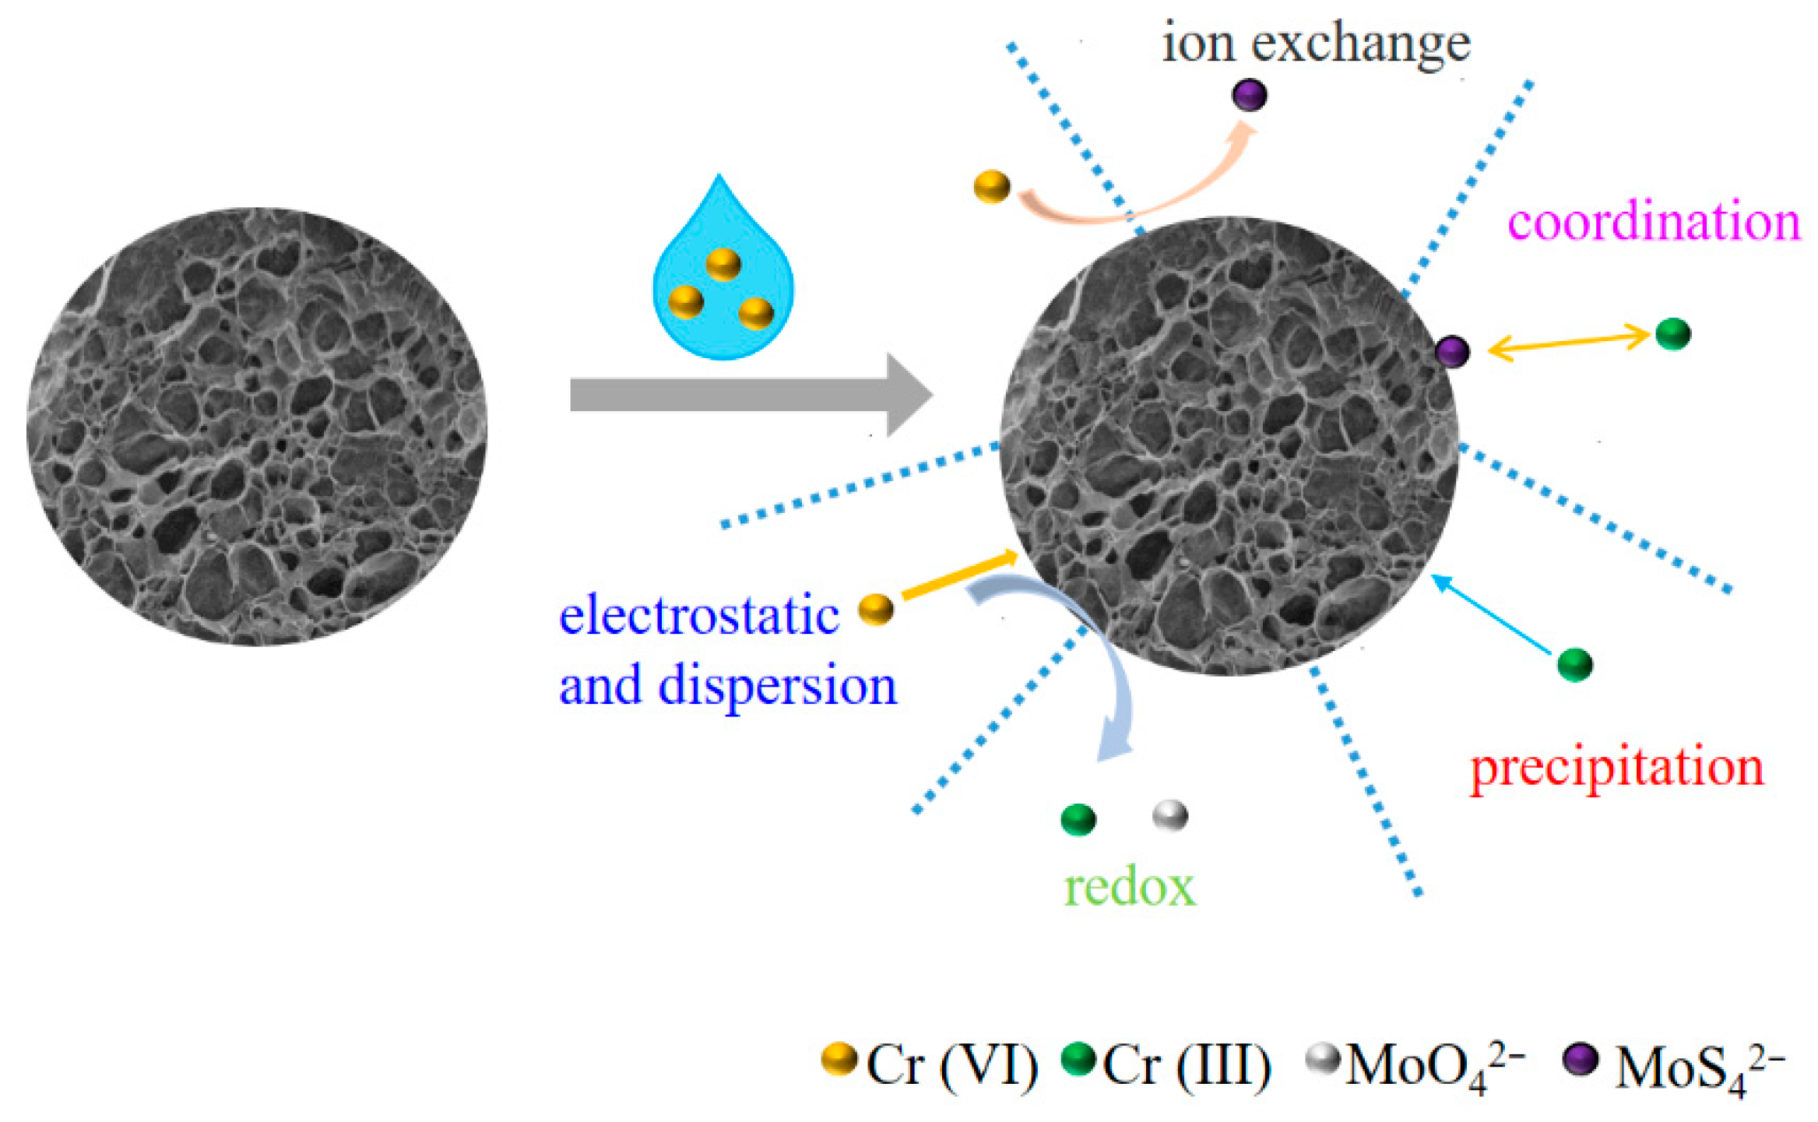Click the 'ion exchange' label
(1316, 44)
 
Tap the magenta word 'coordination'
(1654, 222)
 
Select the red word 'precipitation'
(1616, 767)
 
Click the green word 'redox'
(1129, 887)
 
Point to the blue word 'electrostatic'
(698, 615)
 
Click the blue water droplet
(723, 311)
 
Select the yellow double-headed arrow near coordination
(1568, 343)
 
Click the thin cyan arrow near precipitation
(1491, 614)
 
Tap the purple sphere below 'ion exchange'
(1249, 95)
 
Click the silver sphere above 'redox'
(1169, 816)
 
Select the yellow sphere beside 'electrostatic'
(876, 609)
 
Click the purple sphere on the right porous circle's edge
(1453, 351)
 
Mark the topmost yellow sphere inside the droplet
(723, 264)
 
